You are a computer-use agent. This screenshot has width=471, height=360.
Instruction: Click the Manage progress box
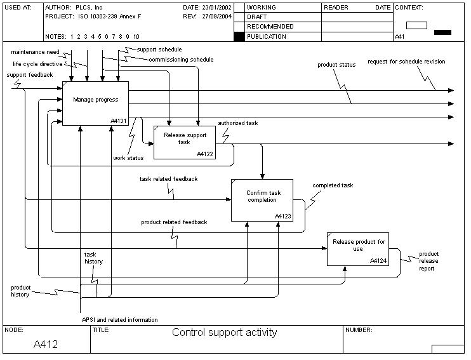[x=95, y=103]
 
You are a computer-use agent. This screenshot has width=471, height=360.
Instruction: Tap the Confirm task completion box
[x=261, y=199]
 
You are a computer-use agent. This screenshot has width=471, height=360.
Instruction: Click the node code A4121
[x=119, y=121]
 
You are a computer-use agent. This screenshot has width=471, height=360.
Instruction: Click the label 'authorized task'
[x=237, y=123]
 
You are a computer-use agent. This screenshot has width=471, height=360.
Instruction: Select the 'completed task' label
[x=333, y=185]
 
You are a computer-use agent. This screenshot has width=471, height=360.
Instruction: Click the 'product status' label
[x=336, y=64]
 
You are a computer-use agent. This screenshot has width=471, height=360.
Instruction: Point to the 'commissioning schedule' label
[x=181, y=60]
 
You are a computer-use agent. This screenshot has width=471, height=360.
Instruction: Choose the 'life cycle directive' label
[x=37, y=63]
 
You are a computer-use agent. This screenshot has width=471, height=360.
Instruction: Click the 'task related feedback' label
[x=168, y=179]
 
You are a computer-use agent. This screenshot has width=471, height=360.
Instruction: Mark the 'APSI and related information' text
[x=119, y=319]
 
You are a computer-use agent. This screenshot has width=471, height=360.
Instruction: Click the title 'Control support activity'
[x=224, y=332]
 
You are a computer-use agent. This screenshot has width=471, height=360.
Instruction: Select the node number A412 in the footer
[x=46, y=345]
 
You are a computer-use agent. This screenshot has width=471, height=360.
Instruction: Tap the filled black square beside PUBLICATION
[x=239, y=37]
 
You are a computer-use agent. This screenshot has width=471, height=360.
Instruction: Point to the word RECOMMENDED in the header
[x=270, y=27]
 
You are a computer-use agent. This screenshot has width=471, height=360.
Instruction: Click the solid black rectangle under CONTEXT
[x=442, y=32]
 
